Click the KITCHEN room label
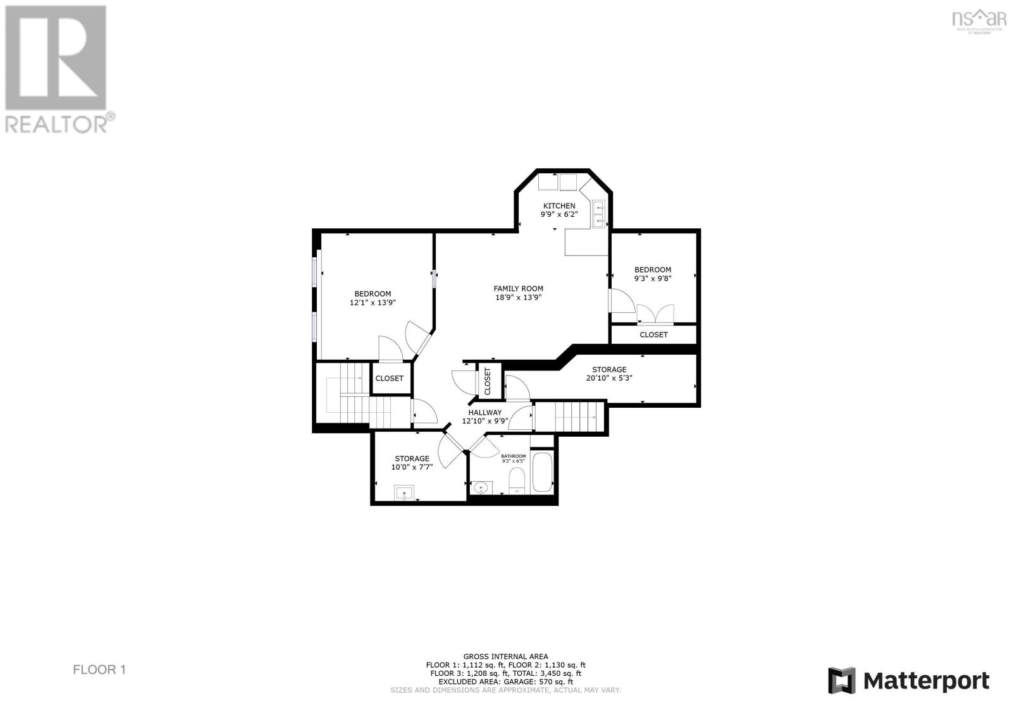pos(559,205)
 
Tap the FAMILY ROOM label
pos(518,289)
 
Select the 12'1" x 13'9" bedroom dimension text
pos(373,303)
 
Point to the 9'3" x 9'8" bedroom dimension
pos(653,278)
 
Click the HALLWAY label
pos(485,412)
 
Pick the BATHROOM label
pos(513,456)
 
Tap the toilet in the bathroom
pos(517,484)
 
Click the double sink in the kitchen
pos(598,213)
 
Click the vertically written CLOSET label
pos(488,382)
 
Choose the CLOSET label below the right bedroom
pos(653,334)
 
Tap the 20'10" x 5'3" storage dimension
pos(609,378)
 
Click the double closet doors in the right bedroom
pos(655,314)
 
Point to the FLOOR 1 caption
pos(99,669)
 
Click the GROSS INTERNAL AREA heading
pos(505,656)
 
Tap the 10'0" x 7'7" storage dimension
pos(412,468)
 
